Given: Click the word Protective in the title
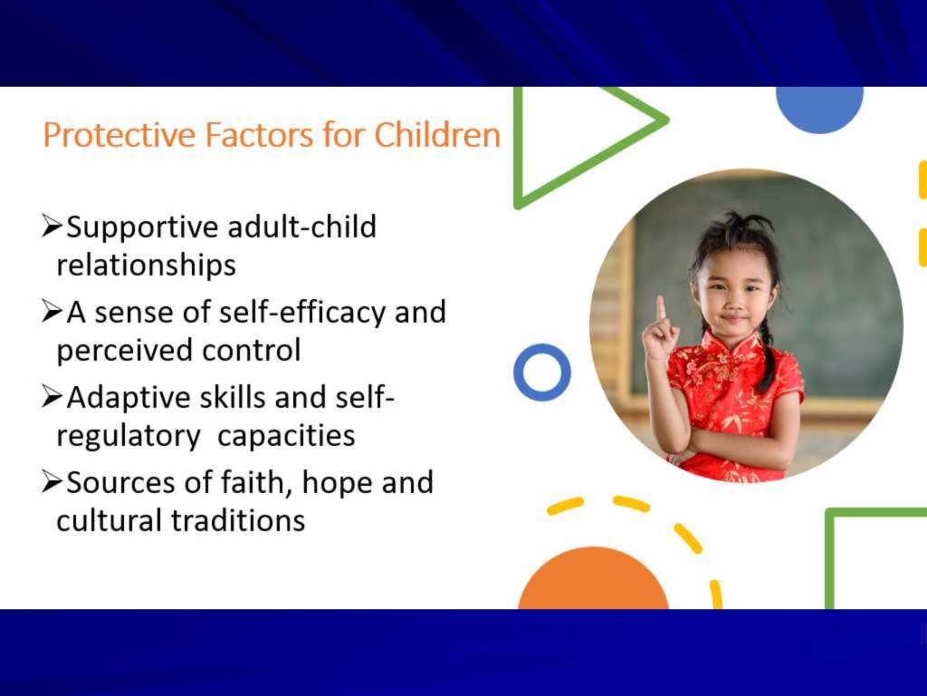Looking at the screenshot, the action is (x=119, y=135).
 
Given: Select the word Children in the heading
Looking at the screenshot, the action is (x=437, y=134).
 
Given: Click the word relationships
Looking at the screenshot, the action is (x=146, y=265).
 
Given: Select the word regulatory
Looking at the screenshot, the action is (x=129, y=437).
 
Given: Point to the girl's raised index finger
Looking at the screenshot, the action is (x=660, y=308).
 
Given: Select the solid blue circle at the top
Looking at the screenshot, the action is (x=819, y=107).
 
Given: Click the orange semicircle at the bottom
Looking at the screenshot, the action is (x=594, y=580).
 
